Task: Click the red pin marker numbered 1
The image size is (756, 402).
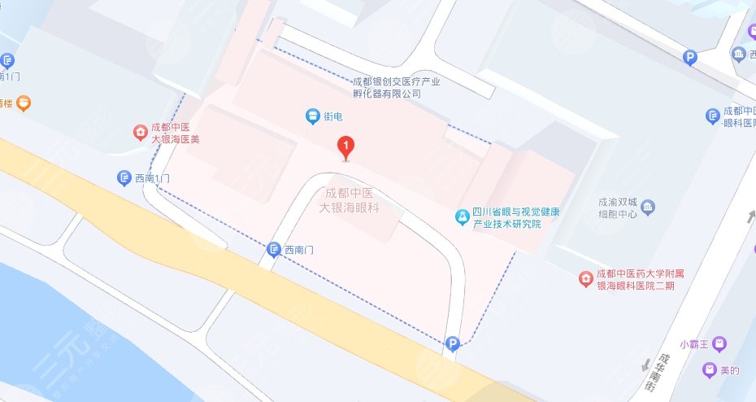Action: [347, 147]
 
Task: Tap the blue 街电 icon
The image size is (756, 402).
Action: [312, 116]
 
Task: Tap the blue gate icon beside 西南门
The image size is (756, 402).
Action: [274, 250]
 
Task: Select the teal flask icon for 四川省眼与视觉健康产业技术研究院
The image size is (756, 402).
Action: [462, 217]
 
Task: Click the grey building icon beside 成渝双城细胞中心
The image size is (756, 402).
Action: [648, 207]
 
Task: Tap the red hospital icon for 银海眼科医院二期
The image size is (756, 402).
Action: [584, 279]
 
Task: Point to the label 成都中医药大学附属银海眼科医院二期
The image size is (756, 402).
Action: [635, 279]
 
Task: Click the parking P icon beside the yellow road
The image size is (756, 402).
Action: [451, 346]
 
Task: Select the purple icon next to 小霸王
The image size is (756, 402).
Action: [719, 344]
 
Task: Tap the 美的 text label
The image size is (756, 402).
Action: [729, 371]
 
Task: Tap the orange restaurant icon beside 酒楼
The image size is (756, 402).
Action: [24, 103]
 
